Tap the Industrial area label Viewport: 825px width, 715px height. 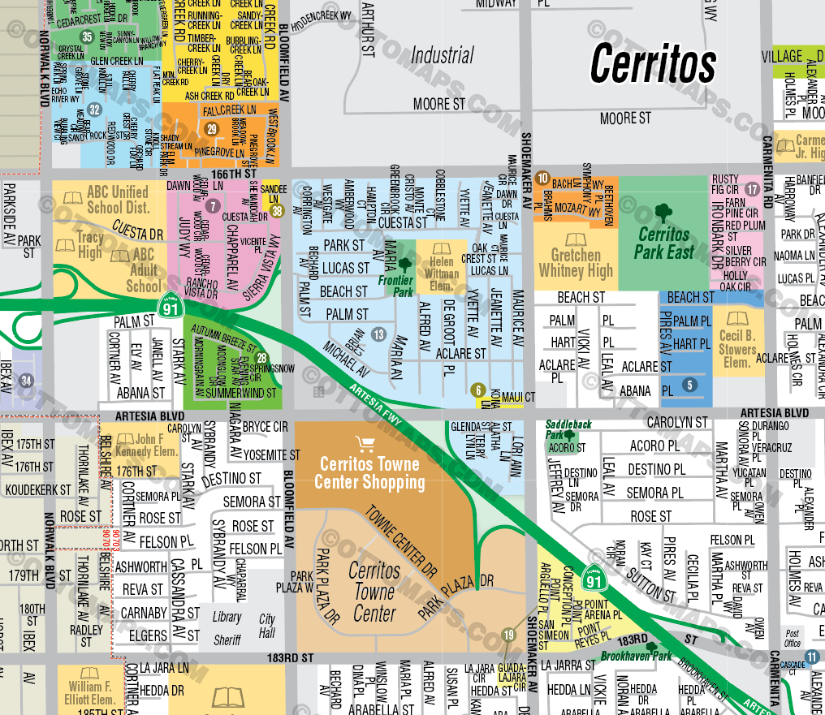pos(442,55)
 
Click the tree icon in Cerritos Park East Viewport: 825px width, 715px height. pos(663,213)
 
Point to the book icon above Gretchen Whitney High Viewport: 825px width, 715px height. pos(575,240)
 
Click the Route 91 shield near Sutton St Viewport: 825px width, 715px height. pos(594,577)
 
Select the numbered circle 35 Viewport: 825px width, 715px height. pos(87,37)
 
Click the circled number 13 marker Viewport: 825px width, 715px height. pos(378,334)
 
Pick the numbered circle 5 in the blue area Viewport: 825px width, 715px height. pos(689,385)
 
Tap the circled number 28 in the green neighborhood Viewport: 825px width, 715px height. pos(261,359)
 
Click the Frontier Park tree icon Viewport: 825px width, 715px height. pos(405,265)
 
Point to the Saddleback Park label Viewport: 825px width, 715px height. pos(568,424)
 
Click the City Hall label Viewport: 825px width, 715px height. pos(267,626)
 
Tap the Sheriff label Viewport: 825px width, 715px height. pos(227,640)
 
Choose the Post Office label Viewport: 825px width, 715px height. pos(792,638)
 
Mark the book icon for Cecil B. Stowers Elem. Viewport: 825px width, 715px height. pos(736,319)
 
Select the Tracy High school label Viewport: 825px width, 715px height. pos(90,245)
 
